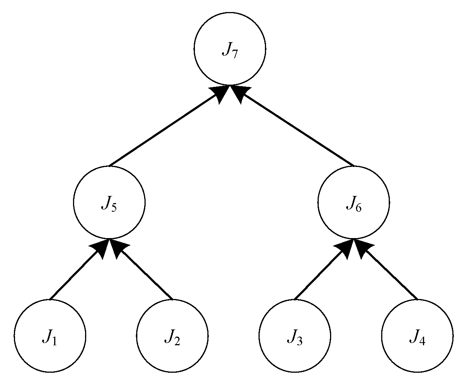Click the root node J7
(x=230, y=49)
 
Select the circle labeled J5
(x=109, y=203)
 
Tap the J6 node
(x=354, y=203)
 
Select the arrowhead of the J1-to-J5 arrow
(x=100, y=248)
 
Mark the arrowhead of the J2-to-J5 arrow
(x=118, y=248)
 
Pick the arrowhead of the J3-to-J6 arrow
(x=345, y=248)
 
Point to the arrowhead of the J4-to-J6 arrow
(x=362, y=248)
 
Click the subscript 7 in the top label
(x=234, y=54)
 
